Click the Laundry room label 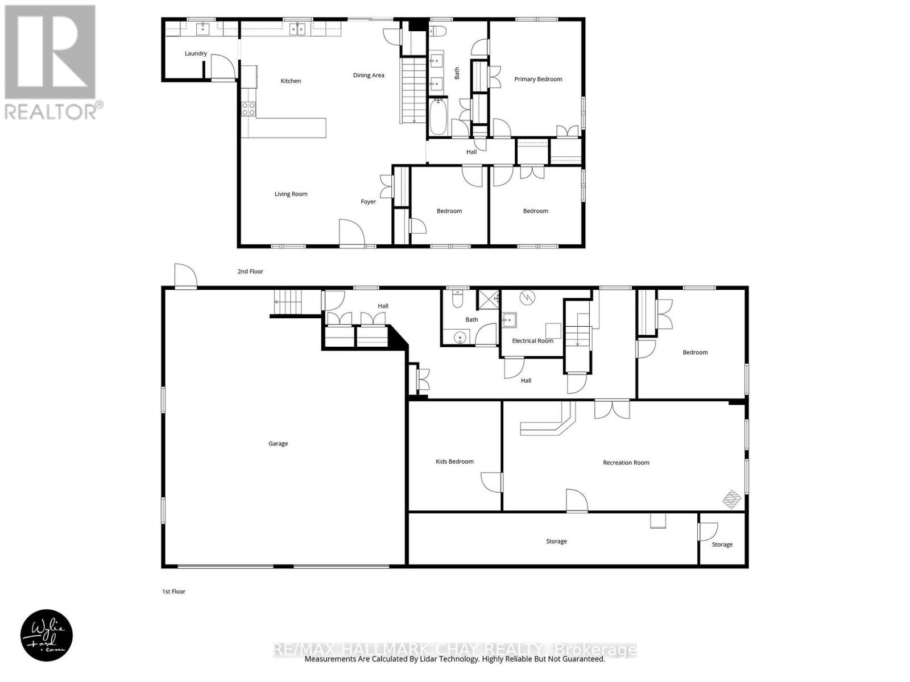(x=196, y=53)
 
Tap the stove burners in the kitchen (x=249, y=109)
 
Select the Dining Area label (x=369, y=75)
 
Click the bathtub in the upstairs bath (x=438, y=117)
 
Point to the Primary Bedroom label (x=538, y=79)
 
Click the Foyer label (x=368, y=202)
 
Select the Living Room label (x=291, y=194)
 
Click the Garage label (x=278, y=443)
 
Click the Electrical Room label (x=532, y=340)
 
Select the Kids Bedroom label (x=454, y=461)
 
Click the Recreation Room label (x=626, y=463)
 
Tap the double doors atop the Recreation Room (x=613, y=410)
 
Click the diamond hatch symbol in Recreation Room (x=732, y=500)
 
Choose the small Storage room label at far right (x=722, y=544)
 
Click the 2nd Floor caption (x=250, y=272)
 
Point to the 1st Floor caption (x=173, y=592)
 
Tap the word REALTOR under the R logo (x=51, y=111)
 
